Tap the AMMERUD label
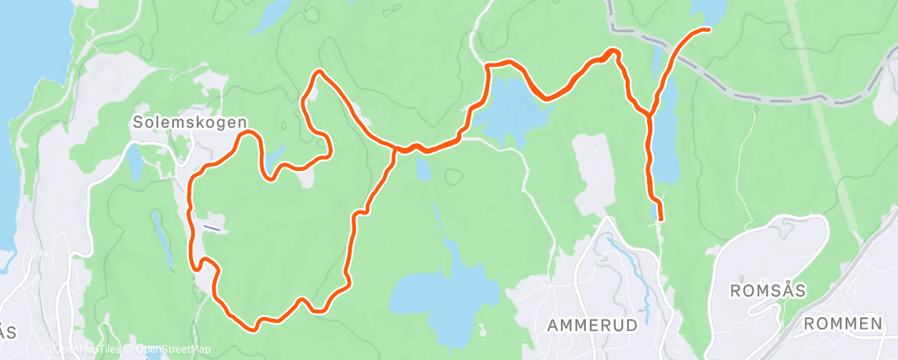[x=592, y=325]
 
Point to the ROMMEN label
[x=843, y=324]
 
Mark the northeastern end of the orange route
[x=707, y=30]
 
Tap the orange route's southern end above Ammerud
[x=660, y=218]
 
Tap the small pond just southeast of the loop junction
[x=423, y=170]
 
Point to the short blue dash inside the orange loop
[x=212, y=227]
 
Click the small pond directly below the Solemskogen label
[x=133, y=161]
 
